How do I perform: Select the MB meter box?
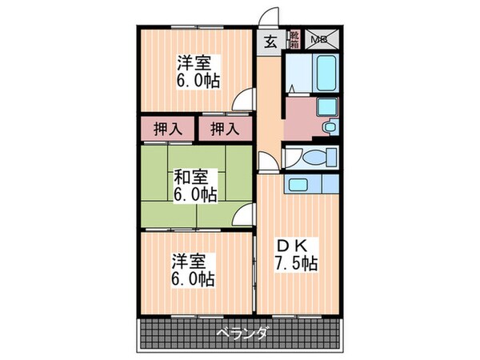coord(318,38)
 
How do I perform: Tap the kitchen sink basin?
coord(298,186)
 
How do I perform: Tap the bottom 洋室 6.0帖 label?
coord(193,270)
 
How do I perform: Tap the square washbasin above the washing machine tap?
coord(326,107)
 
